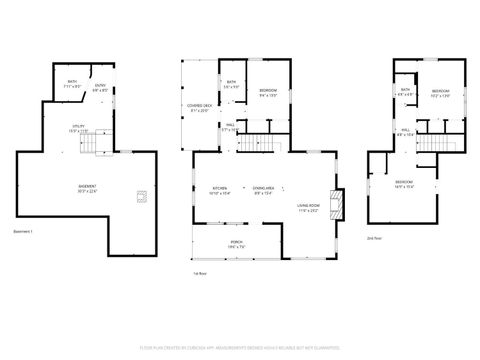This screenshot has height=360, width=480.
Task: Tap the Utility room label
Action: [x=78, y=128]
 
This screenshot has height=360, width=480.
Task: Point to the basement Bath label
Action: [x=70, y=86]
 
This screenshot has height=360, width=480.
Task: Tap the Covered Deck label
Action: [x=202, y=109]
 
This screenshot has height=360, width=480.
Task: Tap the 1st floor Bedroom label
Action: [x=268, y=92]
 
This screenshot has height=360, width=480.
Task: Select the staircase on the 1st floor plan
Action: [x=262, y=142]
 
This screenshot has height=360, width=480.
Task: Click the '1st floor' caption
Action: [x=200, y=273]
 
